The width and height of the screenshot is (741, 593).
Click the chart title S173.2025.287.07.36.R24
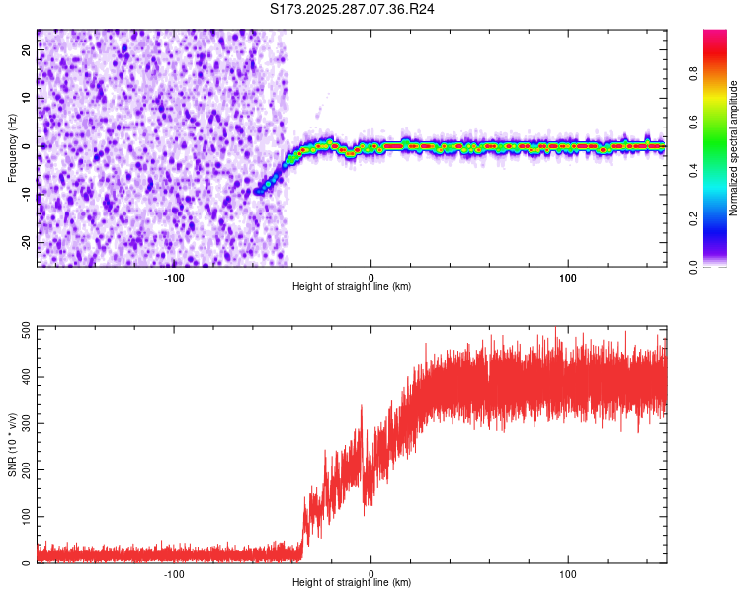[353, 9]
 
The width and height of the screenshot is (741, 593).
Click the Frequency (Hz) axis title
[12, 148]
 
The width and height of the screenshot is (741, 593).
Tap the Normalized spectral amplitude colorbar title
[734, 148]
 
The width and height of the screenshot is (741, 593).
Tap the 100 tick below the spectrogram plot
[568, 278]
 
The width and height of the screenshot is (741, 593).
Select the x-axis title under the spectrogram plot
[352, 287]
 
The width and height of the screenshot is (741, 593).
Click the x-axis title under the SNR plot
[352, 583]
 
